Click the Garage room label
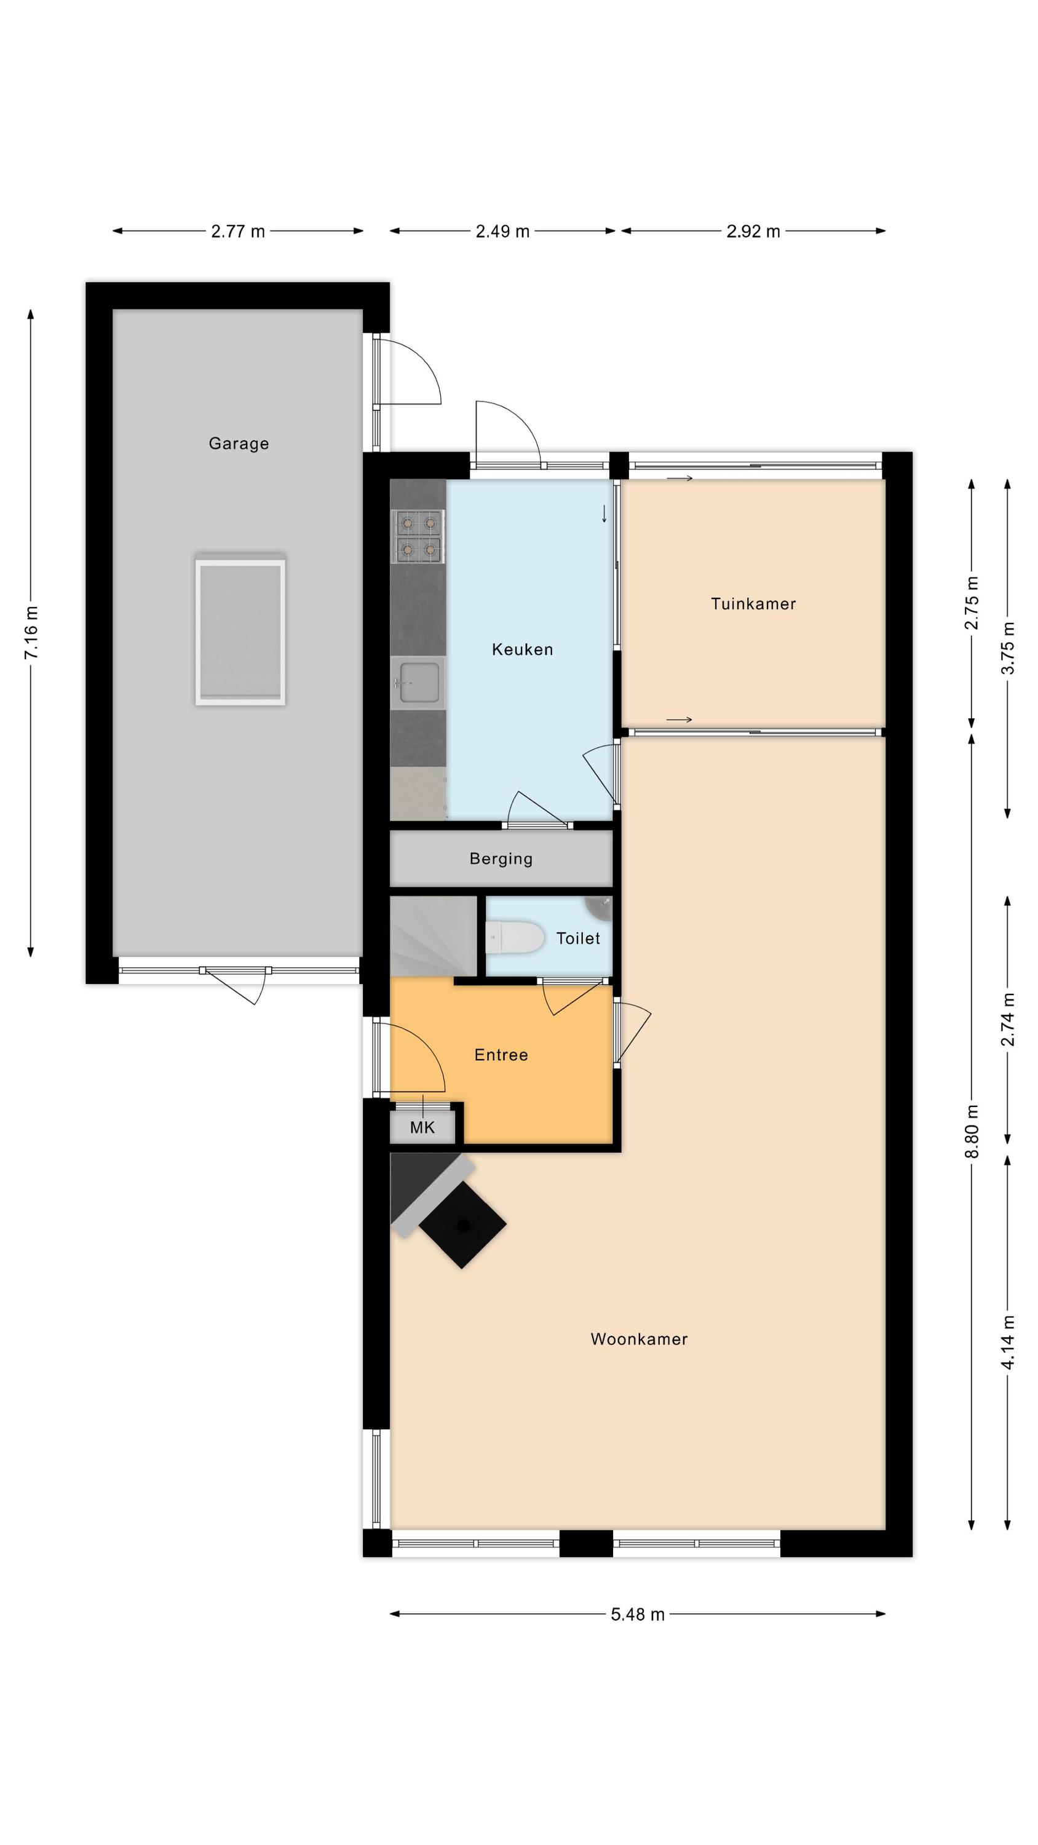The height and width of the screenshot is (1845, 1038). point(239,443)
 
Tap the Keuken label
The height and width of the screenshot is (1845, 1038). point(522,649)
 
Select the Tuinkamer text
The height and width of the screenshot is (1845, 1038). point(753,604)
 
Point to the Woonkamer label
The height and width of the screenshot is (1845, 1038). point(639,1339)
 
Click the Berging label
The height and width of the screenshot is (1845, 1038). point(501,859)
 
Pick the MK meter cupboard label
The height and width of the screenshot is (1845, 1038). point(422,1127)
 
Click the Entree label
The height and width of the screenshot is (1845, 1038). point(501,1054)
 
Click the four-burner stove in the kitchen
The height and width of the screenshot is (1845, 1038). point(418,536)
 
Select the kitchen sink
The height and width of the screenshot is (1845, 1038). point(418,683)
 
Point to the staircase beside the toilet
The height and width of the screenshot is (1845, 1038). point(434,935)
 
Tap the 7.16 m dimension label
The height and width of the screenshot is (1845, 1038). point(31,632)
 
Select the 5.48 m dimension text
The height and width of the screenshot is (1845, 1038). point(638,1614)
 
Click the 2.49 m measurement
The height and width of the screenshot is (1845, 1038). point(502,231)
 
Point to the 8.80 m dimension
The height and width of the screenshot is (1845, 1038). point(972,1131)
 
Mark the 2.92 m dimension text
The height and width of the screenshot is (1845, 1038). point(753,231)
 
